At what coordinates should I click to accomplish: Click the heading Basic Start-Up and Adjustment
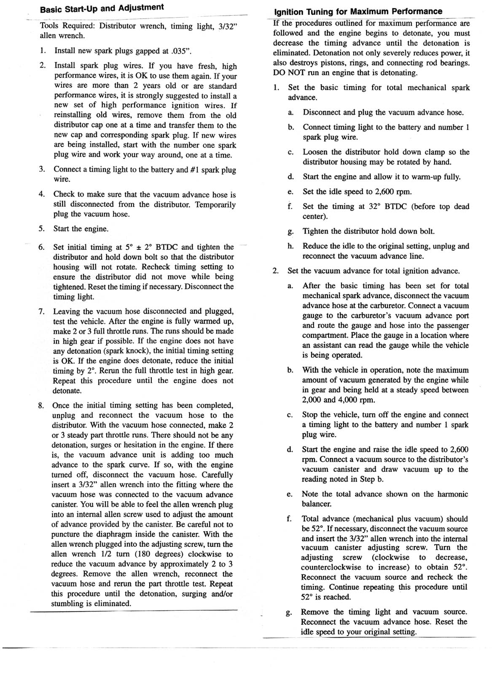click(x=102, y=8)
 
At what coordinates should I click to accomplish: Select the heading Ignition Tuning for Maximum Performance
click(x=358, y=11)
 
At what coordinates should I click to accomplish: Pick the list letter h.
click(x=290, y=246)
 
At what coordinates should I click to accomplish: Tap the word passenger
click(x=448, y=326)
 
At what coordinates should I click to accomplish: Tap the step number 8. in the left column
click(x=41, y=406)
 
